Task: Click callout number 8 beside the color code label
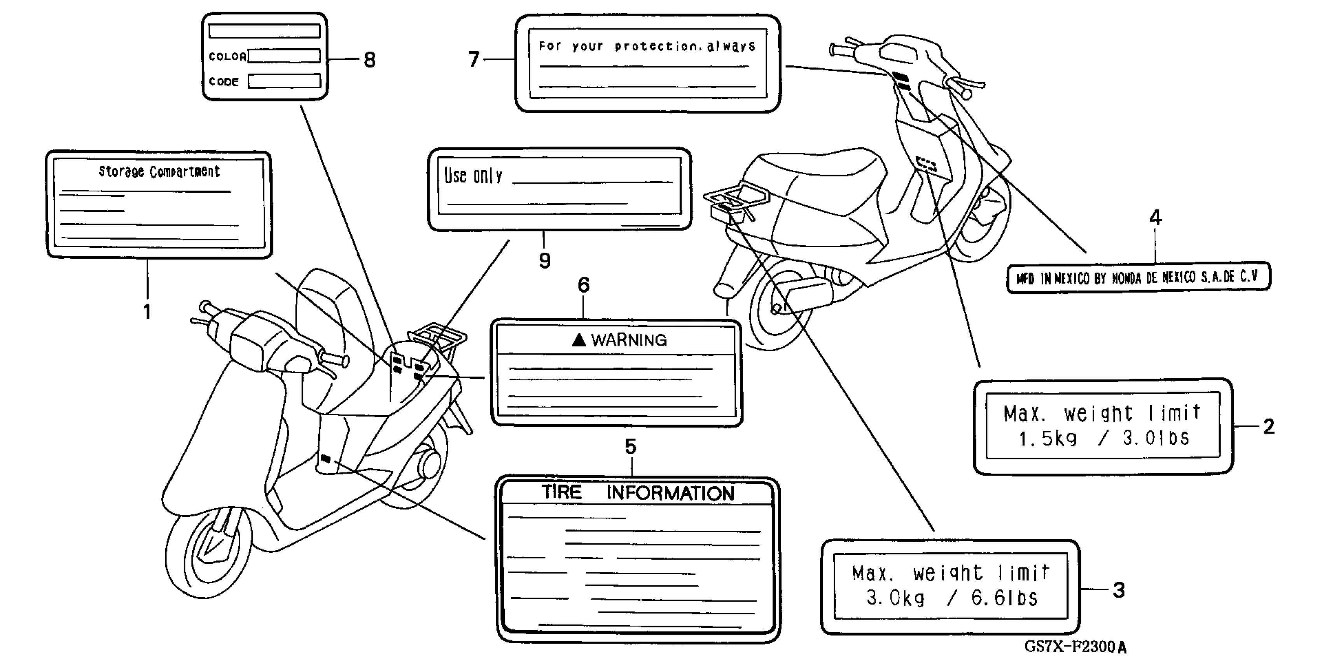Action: click(x=369, y=60)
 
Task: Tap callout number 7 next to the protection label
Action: click(x=474, y=59)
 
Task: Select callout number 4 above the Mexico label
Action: click(x=1155, y=218)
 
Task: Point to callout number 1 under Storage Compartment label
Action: click(x=147, y=311)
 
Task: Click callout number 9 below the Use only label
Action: click(x=544, y=261)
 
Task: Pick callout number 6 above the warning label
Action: click(x=584, y=285)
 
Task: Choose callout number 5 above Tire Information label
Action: click(x=631, y=446)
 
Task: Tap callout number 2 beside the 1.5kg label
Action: click(x=1269, y=427)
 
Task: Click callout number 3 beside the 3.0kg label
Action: click(x=1119, y=590)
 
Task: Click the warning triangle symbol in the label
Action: click(x=579, y=340)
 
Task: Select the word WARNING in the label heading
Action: click(x=629, y=340)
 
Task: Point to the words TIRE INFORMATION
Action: click(x=638, y=493)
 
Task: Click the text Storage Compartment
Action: click(x=159, y=171)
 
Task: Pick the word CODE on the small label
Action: click(x=224, y=82)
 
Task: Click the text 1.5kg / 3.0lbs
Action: click(x=1103, y=439)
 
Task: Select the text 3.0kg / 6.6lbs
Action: click(x=952, y=598)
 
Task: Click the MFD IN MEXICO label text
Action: click(x=1137, y=278)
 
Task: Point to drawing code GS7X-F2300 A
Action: click(x=1075, y=647)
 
